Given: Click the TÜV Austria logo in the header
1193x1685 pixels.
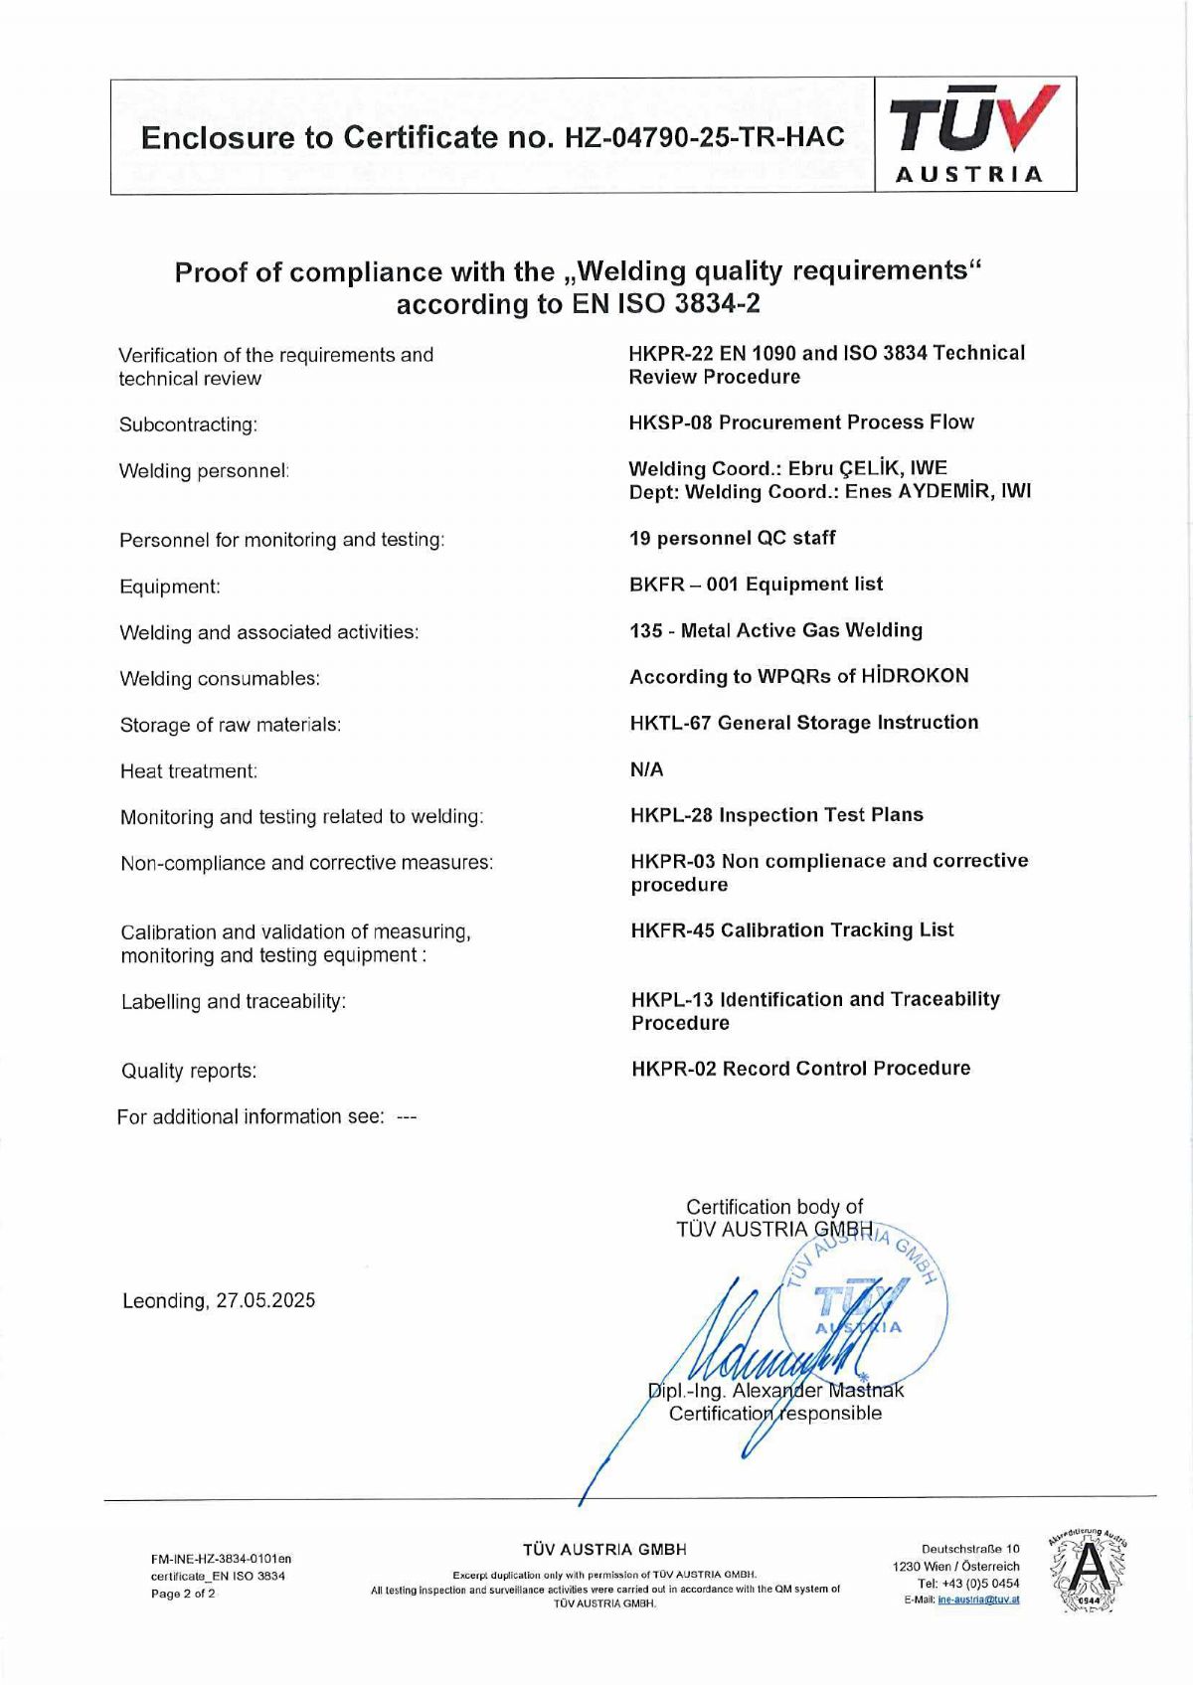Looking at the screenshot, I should click(x=974, y=134).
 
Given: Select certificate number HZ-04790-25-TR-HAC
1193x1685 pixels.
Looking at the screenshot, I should click(x=704, y=137).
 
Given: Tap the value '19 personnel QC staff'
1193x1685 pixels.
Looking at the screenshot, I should click(x=732, y=538).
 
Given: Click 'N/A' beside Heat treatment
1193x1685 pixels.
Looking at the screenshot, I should click(x=646, y=769).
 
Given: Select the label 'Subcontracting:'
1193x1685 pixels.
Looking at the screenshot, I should click(x=188, y=424).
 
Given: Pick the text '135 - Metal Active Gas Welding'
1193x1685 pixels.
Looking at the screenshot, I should click(x=775, y=630).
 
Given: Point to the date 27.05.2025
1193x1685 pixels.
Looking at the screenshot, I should click(x=265, y=1300).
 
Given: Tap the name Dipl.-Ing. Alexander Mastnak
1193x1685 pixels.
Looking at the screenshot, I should click(x=775, y=1390).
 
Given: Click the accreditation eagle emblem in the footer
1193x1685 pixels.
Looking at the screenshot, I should click(x=1088, y=1572).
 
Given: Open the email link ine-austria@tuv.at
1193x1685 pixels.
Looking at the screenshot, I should click(x=978, y=1600).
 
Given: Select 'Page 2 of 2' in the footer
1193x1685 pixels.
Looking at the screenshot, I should click(x=183, y=1594).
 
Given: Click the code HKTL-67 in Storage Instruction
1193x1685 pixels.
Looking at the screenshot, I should click(x=670, y=723).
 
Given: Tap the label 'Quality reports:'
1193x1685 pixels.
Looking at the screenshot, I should click(x=189, y=1071).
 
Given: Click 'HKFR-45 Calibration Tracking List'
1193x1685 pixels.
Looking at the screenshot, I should click(x=791, y=930).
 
